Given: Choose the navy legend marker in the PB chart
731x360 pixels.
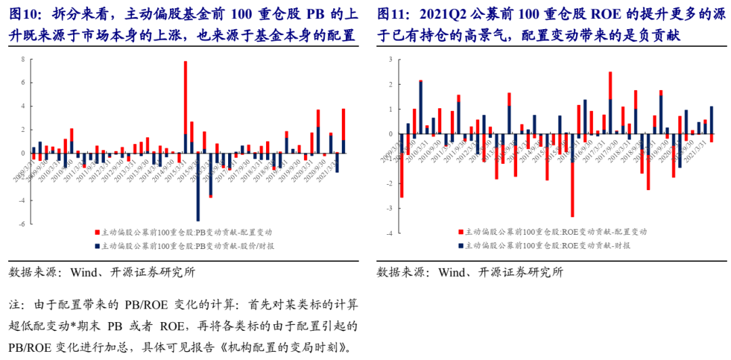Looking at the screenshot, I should point(97,245).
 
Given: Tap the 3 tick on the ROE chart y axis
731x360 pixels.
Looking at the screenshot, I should point(391,60).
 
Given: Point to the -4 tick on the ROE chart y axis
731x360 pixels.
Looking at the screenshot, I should point(389,233).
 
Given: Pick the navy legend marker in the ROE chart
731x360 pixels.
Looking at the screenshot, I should point(461,245).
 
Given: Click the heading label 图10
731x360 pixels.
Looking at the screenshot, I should point(24,14).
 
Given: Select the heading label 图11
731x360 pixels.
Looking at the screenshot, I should point(392,14).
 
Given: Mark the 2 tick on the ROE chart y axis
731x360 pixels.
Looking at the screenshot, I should point(391,84).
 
